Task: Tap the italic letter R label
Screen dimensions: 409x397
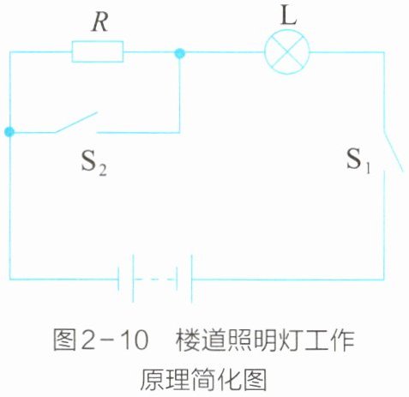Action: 100,22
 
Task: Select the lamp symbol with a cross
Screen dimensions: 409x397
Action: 287,52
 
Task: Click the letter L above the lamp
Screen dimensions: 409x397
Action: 289,15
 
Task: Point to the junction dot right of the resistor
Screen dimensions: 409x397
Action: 180,53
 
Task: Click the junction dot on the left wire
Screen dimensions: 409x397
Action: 9,132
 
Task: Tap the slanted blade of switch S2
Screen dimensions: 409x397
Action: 76,123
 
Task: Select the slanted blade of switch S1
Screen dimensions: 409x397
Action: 393,152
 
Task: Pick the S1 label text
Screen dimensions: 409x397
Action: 358,160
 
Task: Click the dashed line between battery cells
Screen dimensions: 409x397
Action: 154,280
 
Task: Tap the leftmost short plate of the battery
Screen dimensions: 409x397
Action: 118,279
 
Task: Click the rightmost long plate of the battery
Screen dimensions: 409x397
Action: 191,279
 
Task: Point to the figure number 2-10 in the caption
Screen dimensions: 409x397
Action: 115,340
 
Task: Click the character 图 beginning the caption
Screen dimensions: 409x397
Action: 64,340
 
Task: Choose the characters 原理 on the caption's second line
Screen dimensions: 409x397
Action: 165,380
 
